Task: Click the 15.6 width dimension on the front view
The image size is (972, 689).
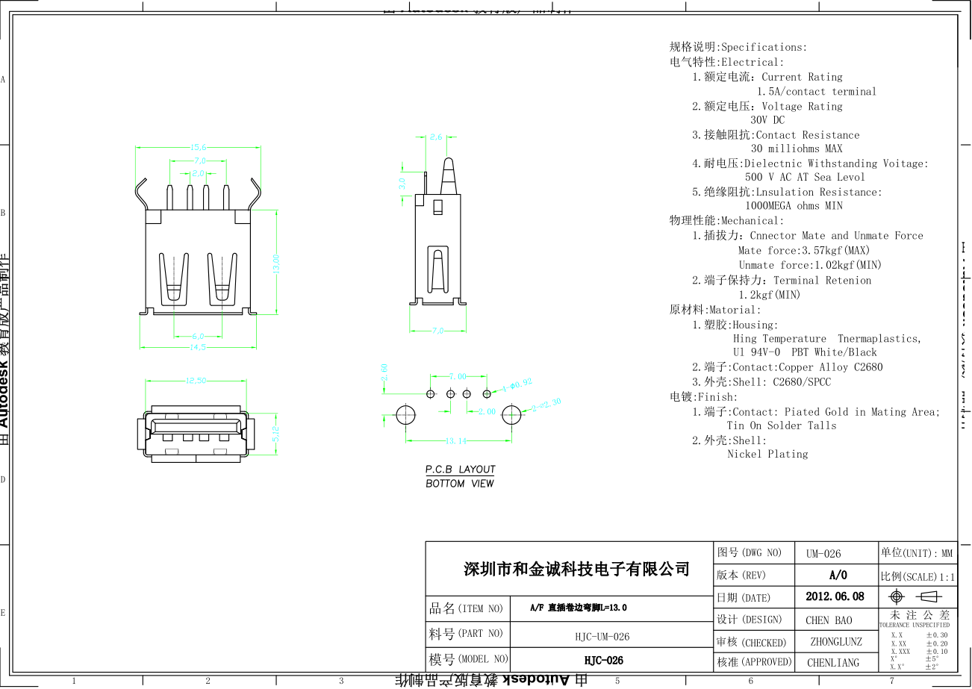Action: click(x=199, y=147)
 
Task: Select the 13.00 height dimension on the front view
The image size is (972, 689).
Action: click(x=276, y=264)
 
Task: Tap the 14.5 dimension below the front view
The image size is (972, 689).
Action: click(x=197, y=347)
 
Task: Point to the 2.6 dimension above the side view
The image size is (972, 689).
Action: click(x=437, y=137)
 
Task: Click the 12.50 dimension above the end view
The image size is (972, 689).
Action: click(x=196, y=381)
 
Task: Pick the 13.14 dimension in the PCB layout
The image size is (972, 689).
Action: click(x=456, y=441)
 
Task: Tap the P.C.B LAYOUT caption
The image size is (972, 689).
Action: click(x=460, y=470)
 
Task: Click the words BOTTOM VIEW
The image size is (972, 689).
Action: click(x=459, y=484)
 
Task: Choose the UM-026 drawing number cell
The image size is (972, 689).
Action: click(x=823, y=554)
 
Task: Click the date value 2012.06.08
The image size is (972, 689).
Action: click(x=835, y=596)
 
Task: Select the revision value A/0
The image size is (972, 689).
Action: click(x=838, y=576)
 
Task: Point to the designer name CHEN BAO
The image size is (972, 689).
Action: click(x=829, y=620)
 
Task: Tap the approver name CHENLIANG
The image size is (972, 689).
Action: click(x=833, y=662)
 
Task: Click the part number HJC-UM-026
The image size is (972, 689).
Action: click(x=602, y=637)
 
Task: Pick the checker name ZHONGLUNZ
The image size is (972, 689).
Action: click(x=835, y=641)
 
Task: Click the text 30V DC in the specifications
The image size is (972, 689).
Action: click(x=767, y=120)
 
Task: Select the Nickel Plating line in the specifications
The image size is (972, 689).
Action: click(x=767, y=454)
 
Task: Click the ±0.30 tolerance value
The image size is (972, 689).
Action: click(x=937, y=635)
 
